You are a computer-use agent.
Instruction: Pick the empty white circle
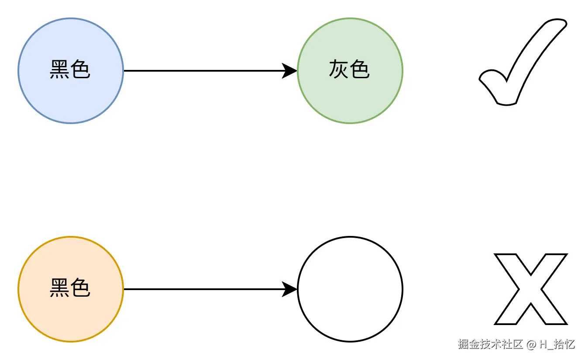point(350,289)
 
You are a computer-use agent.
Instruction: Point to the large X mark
point(530,289)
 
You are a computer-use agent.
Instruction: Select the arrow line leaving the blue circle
point(201,71)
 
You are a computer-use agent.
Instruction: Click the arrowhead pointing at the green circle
point(290,71)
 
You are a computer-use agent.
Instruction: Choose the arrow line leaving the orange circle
point(201,289)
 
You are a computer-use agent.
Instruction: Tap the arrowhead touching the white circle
point(290,289)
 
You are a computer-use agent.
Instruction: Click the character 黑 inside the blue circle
point(59,70)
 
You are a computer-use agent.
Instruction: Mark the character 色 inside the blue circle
point(81,70)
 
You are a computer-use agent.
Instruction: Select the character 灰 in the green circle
point(339,70)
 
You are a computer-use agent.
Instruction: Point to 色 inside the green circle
point(360,70)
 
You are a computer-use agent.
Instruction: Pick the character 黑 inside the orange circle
point(59,288)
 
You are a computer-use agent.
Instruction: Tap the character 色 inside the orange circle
point(81,288)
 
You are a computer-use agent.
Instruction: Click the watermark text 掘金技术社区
point(490,344)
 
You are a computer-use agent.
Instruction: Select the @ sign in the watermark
point(531,345)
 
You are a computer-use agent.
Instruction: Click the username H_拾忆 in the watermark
point(557,344)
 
